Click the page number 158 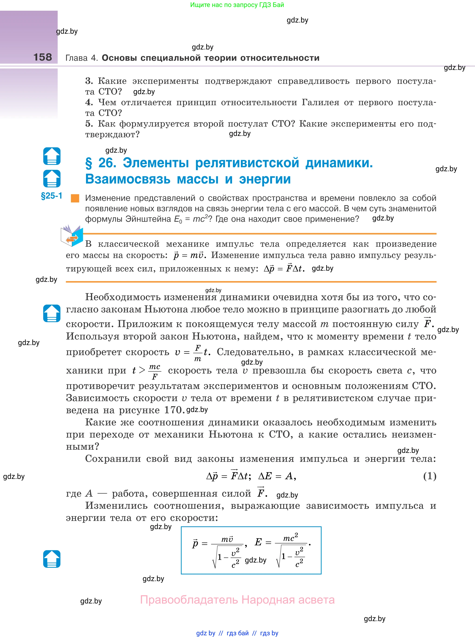click(43, 57)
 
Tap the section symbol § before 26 click(89, 163)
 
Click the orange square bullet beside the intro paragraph click(75, 198)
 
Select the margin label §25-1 click(51, 196)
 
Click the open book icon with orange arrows click(72, 236)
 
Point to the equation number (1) click(430, 476)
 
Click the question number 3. click(89, 81)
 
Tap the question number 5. click(89, 124)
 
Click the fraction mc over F click(155, 372)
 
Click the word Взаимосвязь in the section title click(128, 179)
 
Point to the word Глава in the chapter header click(76, 58)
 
